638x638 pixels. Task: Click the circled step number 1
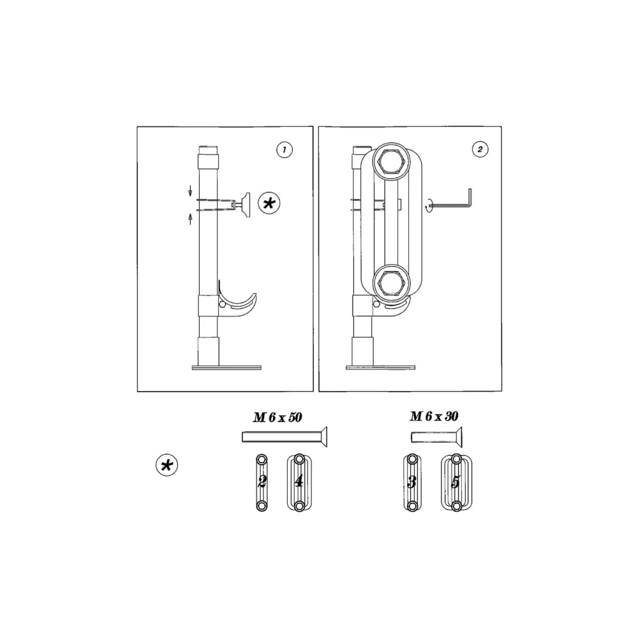click(x=285, y=150)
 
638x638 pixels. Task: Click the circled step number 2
click(x=480, y=149)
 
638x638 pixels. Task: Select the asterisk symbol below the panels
click(x=167, y=466)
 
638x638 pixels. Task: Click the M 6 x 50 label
click(x=278, y=417)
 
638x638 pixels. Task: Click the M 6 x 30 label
click(x=434, y=416)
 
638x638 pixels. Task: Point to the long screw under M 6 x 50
click(x=285, y=437)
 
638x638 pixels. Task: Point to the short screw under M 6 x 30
click(x=436, y=438)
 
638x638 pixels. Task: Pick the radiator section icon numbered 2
click(x=262, y=482)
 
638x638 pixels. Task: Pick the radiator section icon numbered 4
click(x=299, y=482)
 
